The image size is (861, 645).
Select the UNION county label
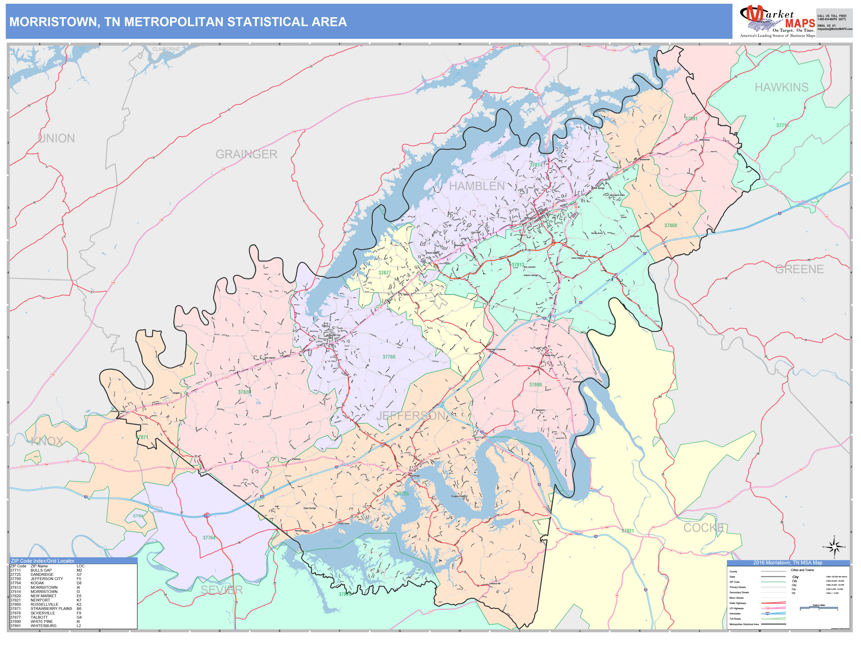[x=57, y=138]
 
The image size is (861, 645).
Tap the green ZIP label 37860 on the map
[x=670, y=225]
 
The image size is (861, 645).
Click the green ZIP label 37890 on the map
[x=535, y=384]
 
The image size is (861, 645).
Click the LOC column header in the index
[x=80, y=566]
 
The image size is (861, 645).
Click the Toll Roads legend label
[x=735, y=619]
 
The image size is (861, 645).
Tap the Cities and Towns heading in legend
[x=802, y=570]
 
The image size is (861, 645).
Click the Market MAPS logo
[x=777, y=21]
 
